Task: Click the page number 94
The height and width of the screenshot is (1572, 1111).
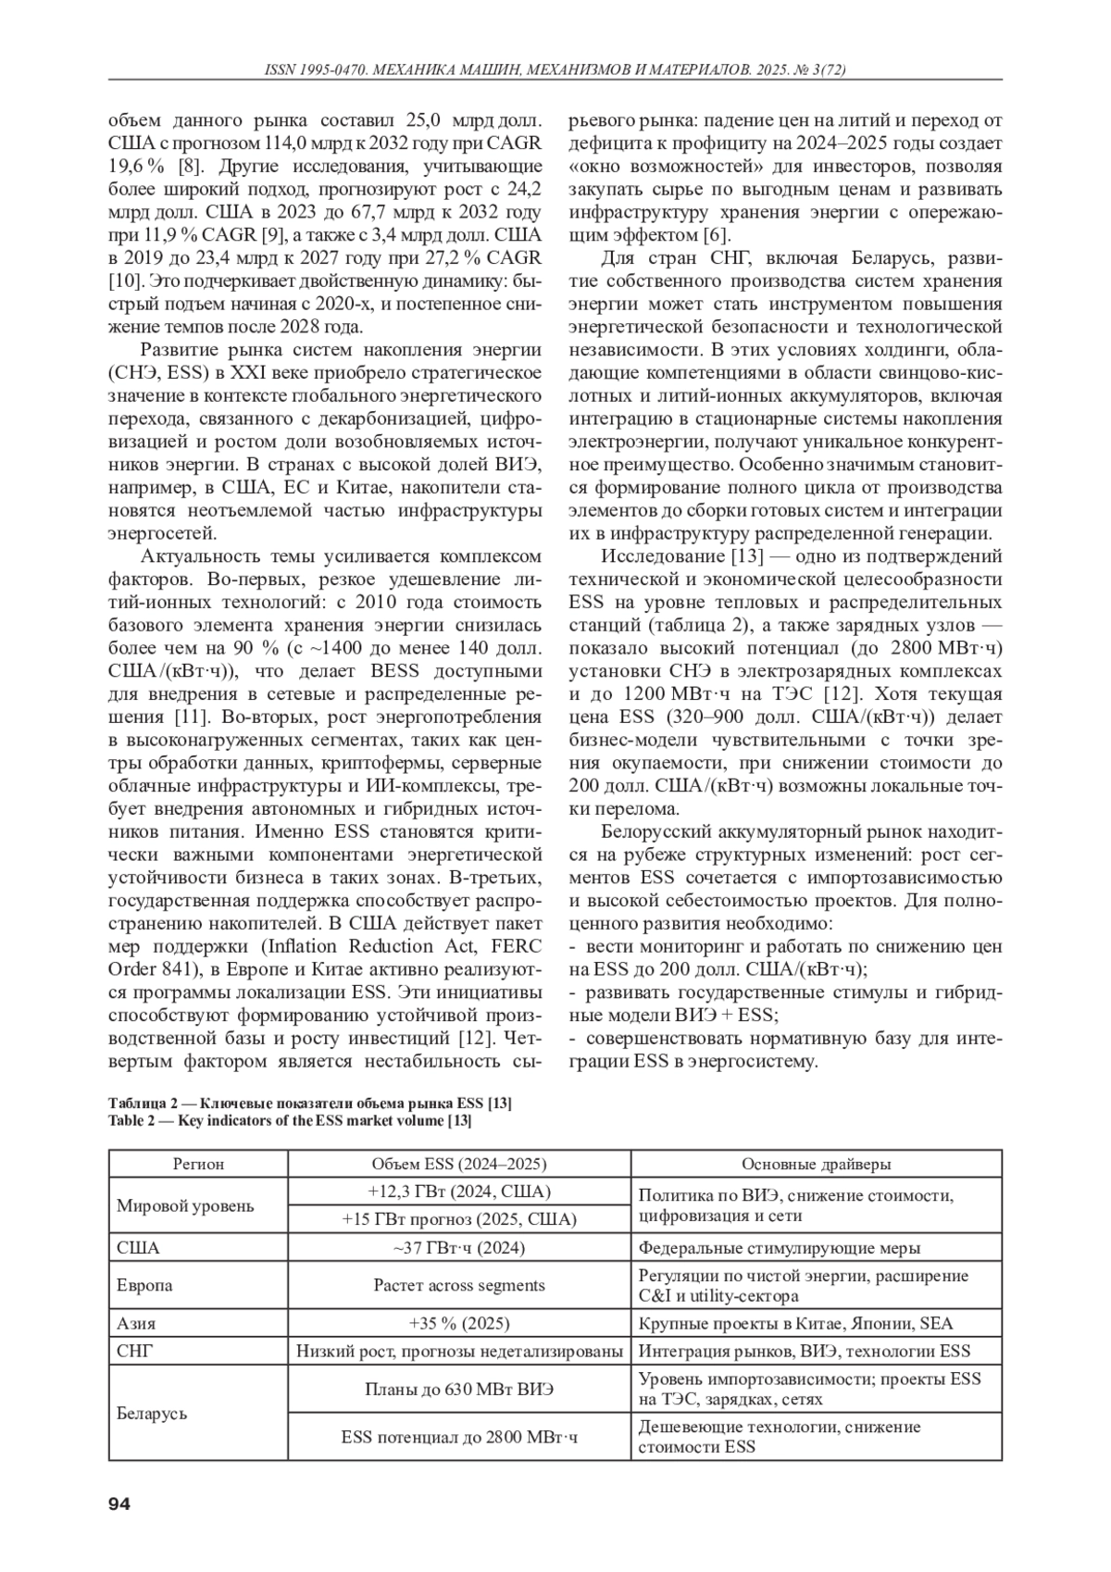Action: (x=119, y=1504)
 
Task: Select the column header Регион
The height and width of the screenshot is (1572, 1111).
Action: (x=198, y=1164)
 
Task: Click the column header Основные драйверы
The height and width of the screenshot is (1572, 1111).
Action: (x=816, y=1164)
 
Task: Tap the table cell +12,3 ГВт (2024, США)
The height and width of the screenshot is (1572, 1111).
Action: (x=459, y=1191)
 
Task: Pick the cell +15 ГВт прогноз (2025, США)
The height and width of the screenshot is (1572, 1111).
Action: (x=459, y=1219)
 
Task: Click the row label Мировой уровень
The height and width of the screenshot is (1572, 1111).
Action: (x=185, y=1205)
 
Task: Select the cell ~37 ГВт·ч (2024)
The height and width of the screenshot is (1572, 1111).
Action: (x=459, y=1248)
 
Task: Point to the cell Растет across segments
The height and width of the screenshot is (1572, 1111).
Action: (x=459, y=1285)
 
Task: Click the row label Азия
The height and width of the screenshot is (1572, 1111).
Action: (x=136, y=1323)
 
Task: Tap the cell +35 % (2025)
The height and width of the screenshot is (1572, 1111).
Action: (x=459, y=1323)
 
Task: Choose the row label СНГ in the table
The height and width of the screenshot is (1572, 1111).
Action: (x=135, y=1351)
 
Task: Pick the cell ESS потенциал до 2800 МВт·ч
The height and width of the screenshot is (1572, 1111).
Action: (x=459, y=1437)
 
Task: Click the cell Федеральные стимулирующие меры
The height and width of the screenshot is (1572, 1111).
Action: (x=780, y=1248)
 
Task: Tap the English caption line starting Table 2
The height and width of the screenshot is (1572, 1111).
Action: (x=290, y=1121)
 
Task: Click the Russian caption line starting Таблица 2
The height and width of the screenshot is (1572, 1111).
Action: (x=310, y=1104)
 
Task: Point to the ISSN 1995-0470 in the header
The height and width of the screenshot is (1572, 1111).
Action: (x=306, y=69)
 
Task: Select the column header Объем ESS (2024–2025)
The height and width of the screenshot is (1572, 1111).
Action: (x=459, y=1164)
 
